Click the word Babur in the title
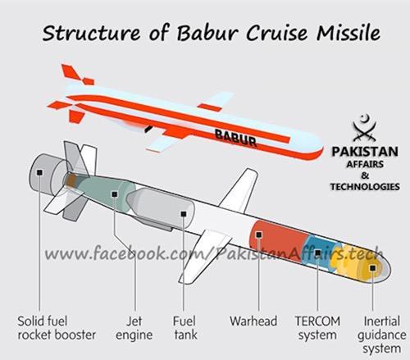point(207,33)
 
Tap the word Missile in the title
point(348,32)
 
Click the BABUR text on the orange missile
point(235,138)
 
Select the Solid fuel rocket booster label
point(57,328)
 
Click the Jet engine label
point(134,328)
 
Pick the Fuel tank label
point(184,328)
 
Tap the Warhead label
point(253,321)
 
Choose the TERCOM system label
point(317,328)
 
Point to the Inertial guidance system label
point(381,335)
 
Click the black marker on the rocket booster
point(40,172)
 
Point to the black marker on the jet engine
point(115,194)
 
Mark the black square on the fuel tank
point(184,214)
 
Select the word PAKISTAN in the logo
point(365,152)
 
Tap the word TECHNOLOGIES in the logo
point(365,187)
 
